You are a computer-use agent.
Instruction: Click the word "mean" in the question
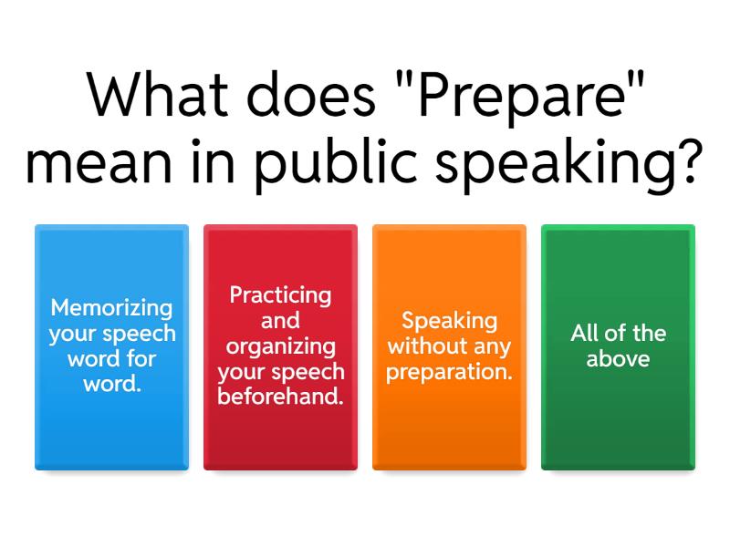pyautogui.click(x=96, y=164)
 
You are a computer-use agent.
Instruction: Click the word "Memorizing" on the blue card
pyautogui.click(x=111, y=307)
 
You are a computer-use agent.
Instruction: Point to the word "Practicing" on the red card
pyautogui.click(x=280, y=295)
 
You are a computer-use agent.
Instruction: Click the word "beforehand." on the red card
pyautogui.click(x=280, y=397)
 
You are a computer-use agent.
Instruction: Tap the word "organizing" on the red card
pyautogui.click(x=280, y=346)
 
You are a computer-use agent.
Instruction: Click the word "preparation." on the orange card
pyautogui.click(x=449, y=372)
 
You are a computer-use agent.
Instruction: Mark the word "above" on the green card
pyautogui.click(x=618, y=358)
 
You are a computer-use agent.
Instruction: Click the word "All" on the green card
pyautogui.click(x=585, y=333)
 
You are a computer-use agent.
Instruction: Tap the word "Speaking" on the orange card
pyautogui.click(x=449, y=321)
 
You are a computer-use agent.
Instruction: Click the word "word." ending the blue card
pyautogui.click(x=111, y=384)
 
